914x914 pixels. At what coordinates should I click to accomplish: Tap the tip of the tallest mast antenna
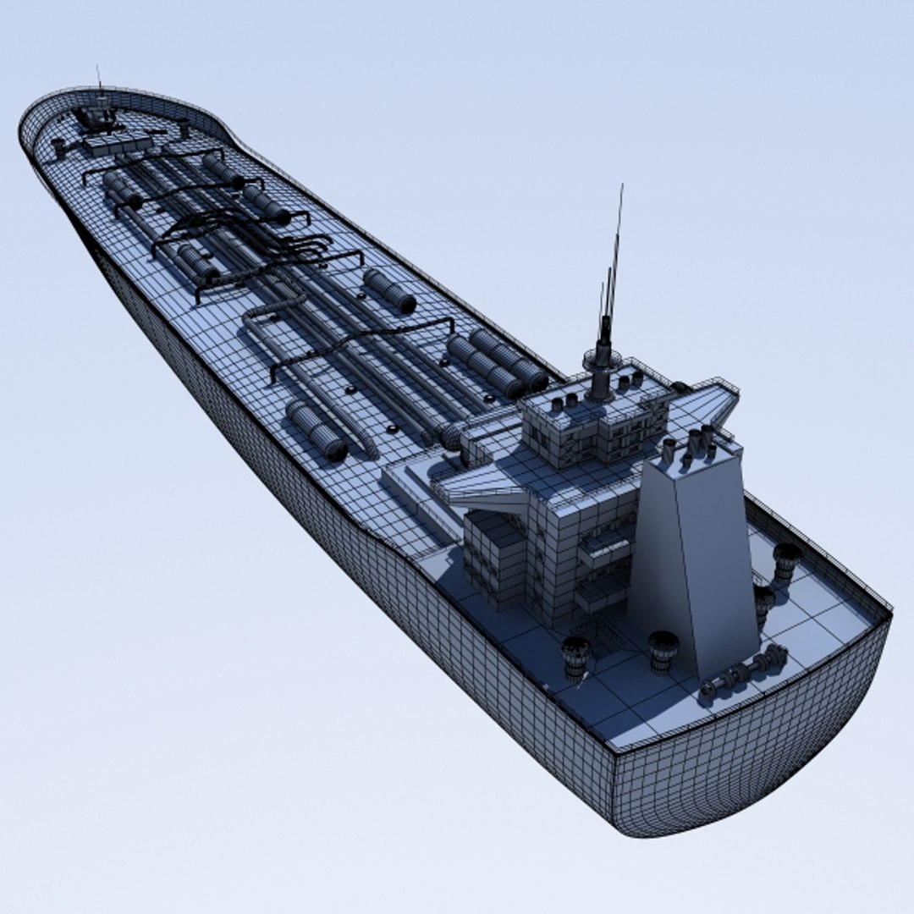(621, 187)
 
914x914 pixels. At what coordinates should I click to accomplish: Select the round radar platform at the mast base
(601, 361)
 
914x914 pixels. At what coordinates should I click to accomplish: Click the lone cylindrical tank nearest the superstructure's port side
(317, 432)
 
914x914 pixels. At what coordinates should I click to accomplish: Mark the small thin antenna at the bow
(98, 78)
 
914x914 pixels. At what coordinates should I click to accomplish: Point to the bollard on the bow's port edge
(58, 148)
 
